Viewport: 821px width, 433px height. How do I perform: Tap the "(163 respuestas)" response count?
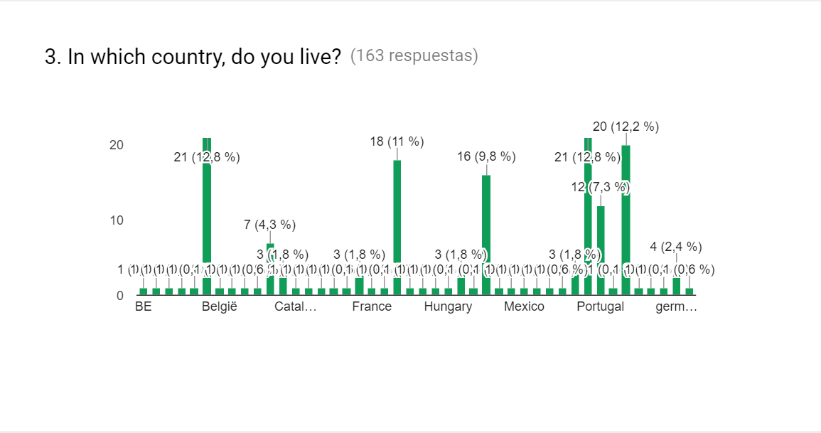(414, 56)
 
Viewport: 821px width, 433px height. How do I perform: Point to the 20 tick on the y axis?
(116, 145)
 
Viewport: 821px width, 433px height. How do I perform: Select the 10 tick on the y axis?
(116, 220)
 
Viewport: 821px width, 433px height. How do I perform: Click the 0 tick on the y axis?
(119, 296)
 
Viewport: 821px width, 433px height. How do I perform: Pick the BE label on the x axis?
(143, 307)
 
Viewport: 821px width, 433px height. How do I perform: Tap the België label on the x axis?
(219, 307)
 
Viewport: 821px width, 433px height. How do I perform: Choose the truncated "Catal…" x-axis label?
(295, 307)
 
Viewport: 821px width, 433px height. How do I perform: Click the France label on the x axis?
(372, 307)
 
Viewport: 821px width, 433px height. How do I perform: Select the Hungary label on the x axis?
(448, 307)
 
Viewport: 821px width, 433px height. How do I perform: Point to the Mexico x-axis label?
(524, 307)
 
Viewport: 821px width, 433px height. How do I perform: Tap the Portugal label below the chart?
(600, 307)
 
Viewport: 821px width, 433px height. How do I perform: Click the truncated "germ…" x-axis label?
(676, 307)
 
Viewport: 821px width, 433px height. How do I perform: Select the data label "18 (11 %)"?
(397, 142)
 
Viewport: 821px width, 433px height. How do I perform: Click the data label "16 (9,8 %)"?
(486, 157)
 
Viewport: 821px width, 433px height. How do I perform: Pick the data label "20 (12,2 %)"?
(626, 127)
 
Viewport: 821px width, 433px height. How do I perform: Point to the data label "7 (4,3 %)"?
(269, 225)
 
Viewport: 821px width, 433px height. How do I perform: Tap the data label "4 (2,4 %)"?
(676, 247)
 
